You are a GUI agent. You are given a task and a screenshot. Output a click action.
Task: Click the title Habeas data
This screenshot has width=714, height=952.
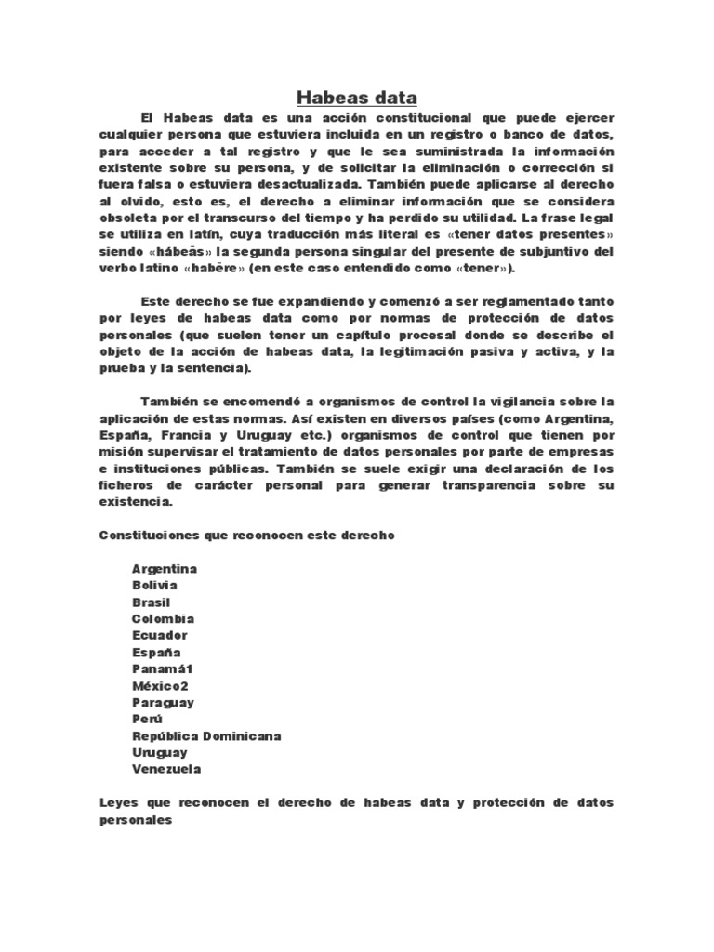click(x=357, y=98)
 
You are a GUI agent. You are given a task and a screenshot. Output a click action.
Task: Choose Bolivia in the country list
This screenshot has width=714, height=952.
click(x=155, y=586)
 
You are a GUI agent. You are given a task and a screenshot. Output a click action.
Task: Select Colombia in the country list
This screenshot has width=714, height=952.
click(x=163, y=619)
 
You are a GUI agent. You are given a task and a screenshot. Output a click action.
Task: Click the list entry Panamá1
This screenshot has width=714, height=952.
click(x=163, y=669)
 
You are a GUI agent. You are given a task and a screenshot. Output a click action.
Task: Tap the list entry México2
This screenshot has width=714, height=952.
click(x=162, y=686)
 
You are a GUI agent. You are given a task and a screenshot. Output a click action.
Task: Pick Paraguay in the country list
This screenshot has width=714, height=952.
click(x=164, y=703)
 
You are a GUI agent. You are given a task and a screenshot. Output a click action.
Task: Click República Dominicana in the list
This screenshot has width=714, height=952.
click(x=206, y=736)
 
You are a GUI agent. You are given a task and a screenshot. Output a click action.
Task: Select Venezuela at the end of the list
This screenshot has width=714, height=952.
click(x=166, y=770)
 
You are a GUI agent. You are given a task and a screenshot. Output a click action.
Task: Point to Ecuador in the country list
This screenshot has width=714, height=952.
click(x=160, y=636)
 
